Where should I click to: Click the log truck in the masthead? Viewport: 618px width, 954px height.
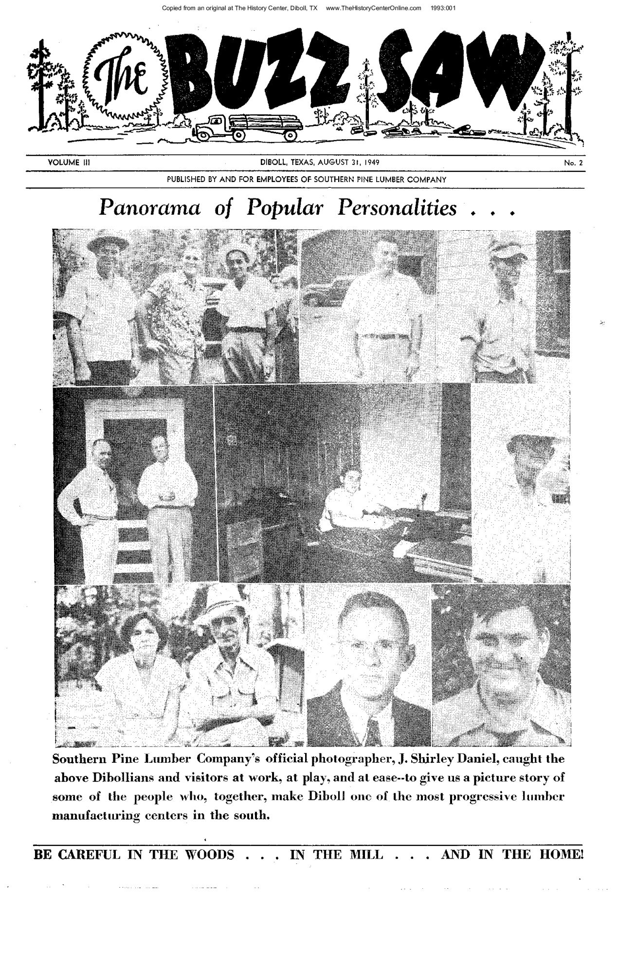tap(249, 128)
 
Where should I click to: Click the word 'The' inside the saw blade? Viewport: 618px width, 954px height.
tap(124, 78)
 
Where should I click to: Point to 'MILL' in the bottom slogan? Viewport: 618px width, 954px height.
tap(367, 855)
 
